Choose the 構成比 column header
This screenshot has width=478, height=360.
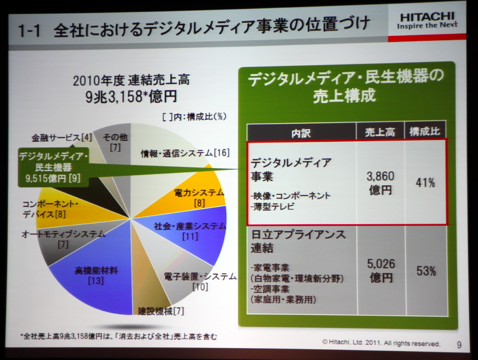click(425, 132)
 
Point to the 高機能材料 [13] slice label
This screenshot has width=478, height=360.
click(96, 275)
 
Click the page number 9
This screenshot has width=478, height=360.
click(458, 344)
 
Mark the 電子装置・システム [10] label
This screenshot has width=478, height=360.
click(192, 281)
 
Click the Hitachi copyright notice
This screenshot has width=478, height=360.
click(381, 344)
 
